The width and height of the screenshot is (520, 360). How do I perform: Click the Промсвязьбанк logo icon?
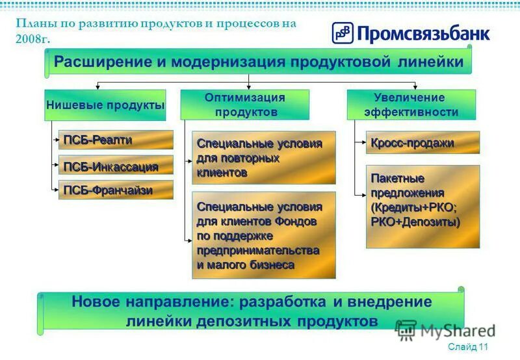click(343, 33)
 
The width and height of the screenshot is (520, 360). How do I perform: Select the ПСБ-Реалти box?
click(116, 140)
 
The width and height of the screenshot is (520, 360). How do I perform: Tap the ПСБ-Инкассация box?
click(116, 165)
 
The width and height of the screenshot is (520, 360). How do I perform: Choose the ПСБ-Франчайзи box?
click(116, 190)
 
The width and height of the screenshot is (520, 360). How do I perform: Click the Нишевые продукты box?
click(105, 105)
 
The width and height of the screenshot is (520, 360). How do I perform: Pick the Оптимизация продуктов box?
click(244, 105)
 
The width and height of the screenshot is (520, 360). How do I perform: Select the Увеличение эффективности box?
click(411, 105)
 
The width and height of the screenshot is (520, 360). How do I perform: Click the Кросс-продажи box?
click(422, 142)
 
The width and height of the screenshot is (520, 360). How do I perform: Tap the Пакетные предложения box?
click(422, 206)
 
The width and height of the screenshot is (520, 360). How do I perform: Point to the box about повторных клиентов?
click(264, 158)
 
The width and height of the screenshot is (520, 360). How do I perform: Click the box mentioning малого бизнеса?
click(264, 235)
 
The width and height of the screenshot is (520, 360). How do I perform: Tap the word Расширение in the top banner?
click(100, 62)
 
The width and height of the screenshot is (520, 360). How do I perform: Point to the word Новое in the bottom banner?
click(95, 302)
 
